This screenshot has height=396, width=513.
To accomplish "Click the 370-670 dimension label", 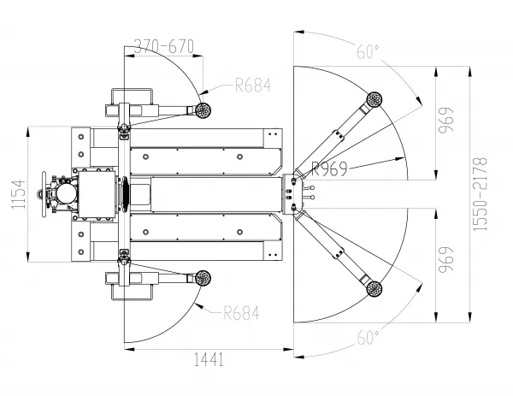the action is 164,46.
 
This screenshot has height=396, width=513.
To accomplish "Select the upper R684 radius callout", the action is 253,85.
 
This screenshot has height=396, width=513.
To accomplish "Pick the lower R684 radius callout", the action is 241,313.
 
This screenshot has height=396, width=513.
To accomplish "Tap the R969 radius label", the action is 329,168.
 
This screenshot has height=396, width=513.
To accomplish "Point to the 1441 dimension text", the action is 209,359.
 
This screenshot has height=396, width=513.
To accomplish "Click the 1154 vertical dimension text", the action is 18,194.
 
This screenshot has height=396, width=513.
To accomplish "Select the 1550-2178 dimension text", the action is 480,194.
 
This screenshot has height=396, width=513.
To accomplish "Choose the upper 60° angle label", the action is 368,51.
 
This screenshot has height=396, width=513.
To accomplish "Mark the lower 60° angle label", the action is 368,338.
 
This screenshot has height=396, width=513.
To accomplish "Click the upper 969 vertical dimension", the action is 446,120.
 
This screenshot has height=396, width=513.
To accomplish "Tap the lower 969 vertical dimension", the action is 446,259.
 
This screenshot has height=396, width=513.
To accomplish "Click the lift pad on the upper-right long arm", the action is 374,99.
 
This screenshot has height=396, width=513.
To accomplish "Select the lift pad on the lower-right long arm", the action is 374,288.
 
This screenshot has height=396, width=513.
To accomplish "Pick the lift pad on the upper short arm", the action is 203,110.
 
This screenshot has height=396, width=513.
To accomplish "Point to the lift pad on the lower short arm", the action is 203,279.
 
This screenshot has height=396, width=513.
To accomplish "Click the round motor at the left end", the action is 66,193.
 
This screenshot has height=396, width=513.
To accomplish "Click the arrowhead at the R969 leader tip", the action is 400,159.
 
